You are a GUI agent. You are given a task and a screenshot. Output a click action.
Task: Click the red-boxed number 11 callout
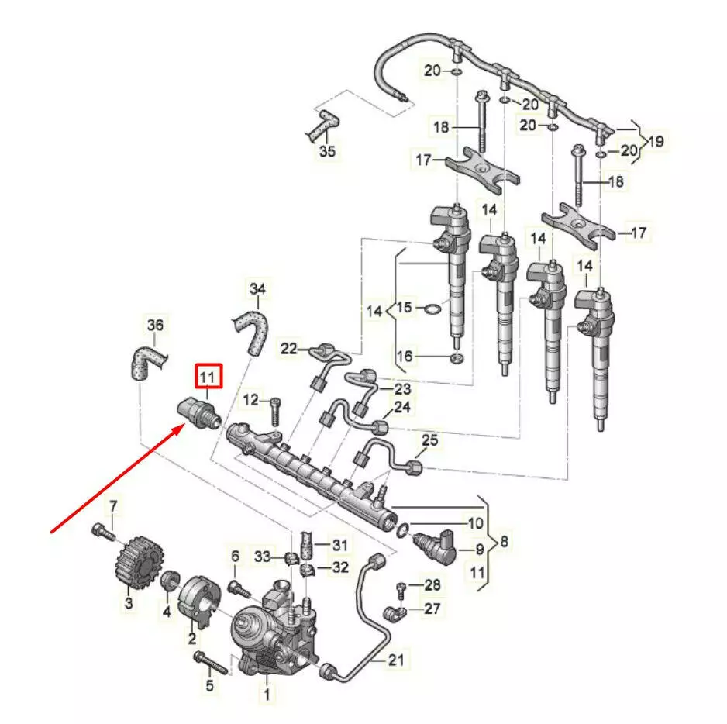[x=208, y=376]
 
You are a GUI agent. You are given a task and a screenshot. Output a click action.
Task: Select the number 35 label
[x=327, y=150]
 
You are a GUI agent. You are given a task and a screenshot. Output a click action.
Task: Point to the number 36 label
[x=155, y=325]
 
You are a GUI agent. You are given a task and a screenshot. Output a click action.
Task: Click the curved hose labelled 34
[x=252, y=333]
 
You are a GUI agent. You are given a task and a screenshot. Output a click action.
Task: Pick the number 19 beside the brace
[x=656, y=141]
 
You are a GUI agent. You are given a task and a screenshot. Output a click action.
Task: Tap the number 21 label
[x=396, y=660]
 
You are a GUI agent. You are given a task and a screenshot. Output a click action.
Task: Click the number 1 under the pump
[x=267, y=694]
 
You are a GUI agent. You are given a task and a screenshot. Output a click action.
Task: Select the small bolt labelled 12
[x=274, y=412]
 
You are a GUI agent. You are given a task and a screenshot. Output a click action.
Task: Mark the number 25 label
[x=430, y=440]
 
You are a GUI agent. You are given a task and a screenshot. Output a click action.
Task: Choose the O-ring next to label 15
[x=433, y=309]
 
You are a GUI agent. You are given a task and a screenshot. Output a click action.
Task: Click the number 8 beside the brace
[x=504, y=541]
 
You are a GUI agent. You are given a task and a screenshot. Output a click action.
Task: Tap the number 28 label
[x=432, y=584]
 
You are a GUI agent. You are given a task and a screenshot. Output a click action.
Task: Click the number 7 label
[x=114, y=507]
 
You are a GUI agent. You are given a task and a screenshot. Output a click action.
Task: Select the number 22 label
[x=288, y=348]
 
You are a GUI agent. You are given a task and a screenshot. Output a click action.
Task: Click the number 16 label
[x=405, y=357]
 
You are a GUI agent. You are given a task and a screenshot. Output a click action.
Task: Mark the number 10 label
[x=475, y=523]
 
